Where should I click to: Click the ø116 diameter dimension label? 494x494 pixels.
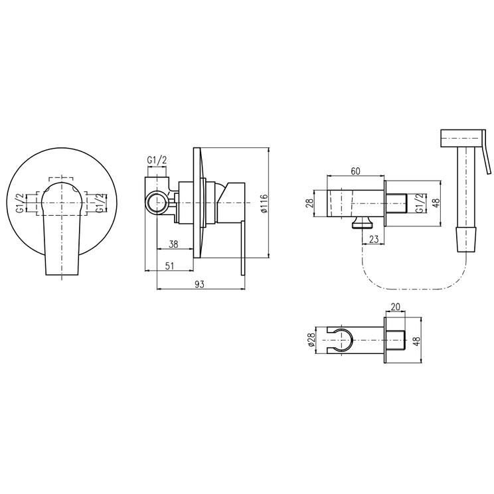pyautogui.click(x=264, y=203)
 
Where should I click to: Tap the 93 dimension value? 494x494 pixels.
pyautogui.click(x=199, y=284)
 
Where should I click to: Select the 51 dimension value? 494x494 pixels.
pyautogui.click(x=169, y=266)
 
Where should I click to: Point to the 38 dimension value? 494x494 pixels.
pyautogui.click(x=173, y=244)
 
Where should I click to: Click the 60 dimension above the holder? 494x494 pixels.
pyautogui.click(x=355, y=171)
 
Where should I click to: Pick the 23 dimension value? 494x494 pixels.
pyautogui.click(x=373, y=239)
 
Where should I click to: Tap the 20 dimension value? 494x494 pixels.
pyautogui.click(x=395, y=307)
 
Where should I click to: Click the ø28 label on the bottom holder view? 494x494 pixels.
pyautogui.click(x=311, y=340)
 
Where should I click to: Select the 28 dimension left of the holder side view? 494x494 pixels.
pyautogui.click(x=310, y=203)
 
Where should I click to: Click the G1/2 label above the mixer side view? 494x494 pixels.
pyautogui.click(x=157, y=160)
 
